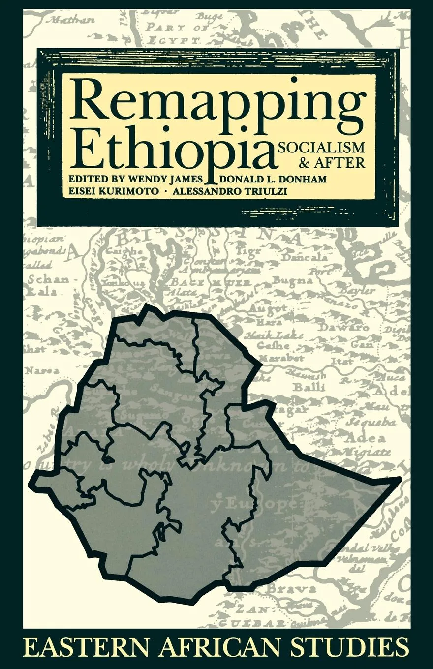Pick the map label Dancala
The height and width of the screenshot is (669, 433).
tap(310, 257)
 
